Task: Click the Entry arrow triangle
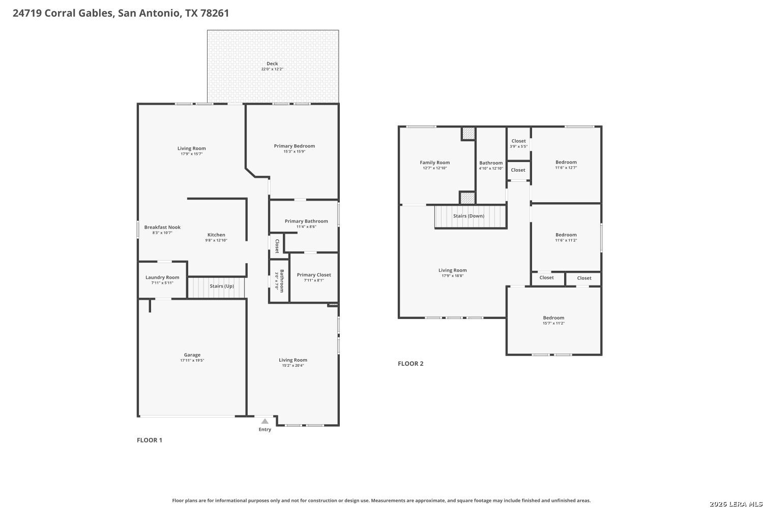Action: pyautogui.click(x=265, y=421)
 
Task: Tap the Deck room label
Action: pyautogui.click(x=272, y=63)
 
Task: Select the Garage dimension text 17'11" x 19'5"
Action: pyautogui.click(x=192, y=360)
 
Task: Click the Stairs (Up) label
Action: pyautogui.click(x=222, y=286)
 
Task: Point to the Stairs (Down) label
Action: pyautogui.click(x=468, y=216)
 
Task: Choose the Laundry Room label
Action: pyautogui.click(x=162, y=278)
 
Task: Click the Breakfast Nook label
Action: pyautogui.click(x=162, y=227)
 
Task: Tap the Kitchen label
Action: pyautogui.click(x=216, y=235)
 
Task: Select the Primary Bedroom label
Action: pyautogui.click(x=295, y=146)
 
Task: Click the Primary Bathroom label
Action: pyautogui.click(x=306, y=221)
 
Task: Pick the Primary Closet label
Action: pyautogui.click(x=314, y=275)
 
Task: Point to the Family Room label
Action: pyautogui.click(x=434, y=163)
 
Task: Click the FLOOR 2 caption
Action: pyautogui.click(x=410, y=364)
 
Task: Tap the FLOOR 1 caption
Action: pyautogui.click(x=150, y=440)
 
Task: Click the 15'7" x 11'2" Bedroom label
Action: pyautogui.click(x=553, y=318)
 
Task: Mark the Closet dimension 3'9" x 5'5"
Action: pyautogui.click(x=518, y=147)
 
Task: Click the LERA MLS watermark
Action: pyautogui.click(x=736, y=504)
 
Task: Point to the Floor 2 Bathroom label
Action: pyautogui.click(x=491, y=163)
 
